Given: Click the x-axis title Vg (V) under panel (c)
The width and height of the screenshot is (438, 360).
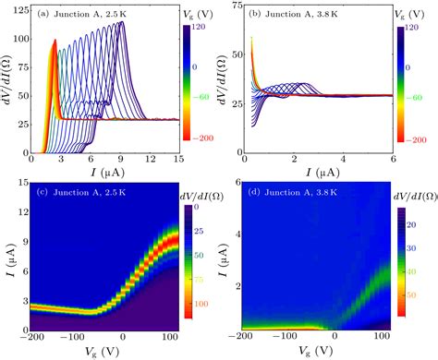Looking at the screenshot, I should point(104,352).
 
